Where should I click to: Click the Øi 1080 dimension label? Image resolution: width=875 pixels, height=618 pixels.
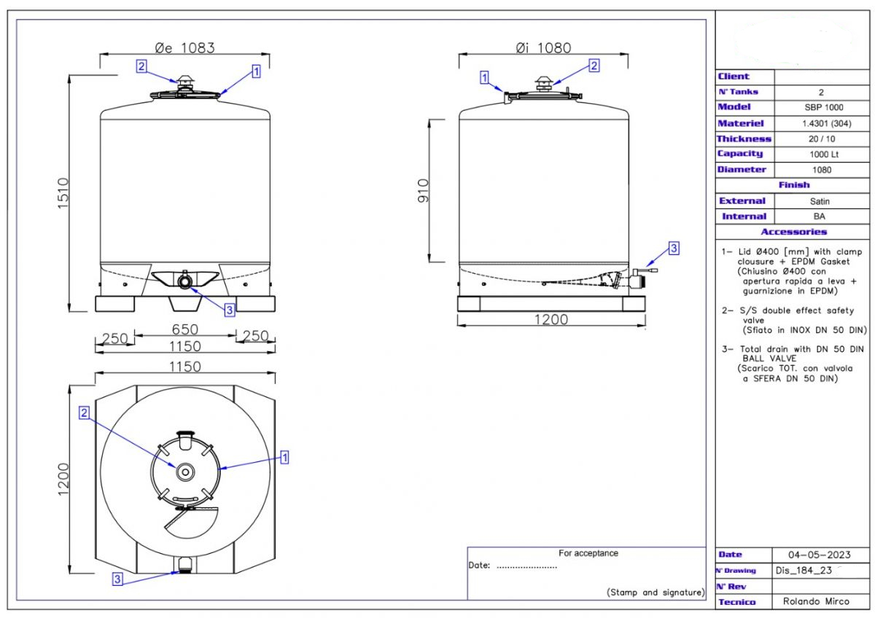tap(542, 48)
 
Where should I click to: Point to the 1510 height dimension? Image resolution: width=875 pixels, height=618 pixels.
tap(62, 194)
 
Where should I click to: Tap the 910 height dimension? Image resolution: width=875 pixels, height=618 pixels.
tap(424, 191)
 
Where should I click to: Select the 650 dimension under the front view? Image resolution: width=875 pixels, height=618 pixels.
tap(184, 329)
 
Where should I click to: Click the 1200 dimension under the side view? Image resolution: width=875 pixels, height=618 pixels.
tap(551, 318)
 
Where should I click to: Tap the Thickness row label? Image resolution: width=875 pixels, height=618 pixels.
tap(743, 138)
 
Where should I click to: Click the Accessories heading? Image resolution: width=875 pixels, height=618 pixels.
tap(793, 232)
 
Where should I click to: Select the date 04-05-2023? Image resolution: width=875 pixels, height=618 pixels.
tap(820, 555)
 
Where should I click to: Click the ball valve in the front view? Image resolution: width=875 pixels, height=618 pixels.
tap(184, 280)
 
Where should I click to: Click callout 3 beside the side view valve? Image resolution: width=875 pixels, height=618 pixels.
tap(674, 249)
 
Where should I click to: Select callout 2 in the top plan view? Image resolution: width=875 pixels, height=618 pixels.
tap(84, 413)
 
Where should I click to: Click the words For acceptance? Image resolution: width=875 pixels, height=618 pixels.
tap(588, 553)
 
